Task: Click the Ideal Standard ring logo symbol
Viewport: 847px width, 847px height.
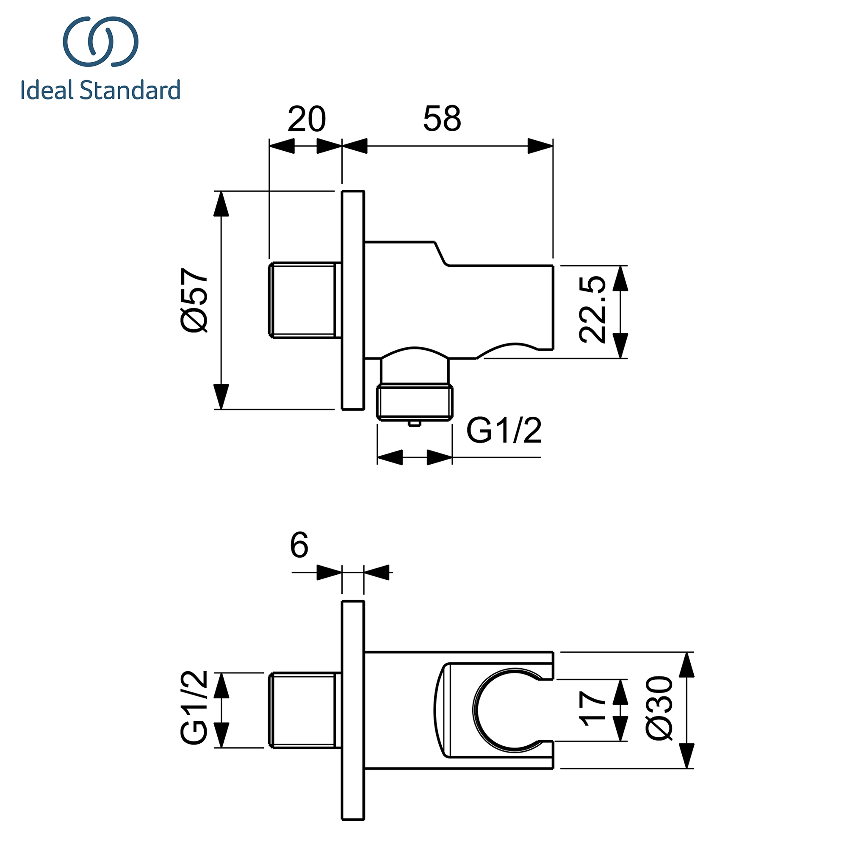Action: coord(101,42)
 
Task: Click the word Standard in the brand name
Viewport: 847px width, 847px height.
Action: coord(130,90)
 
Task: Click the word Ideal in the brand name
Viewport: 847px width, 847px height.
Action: coord(47,90)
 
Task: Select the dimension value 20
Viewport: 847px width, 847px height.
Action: coord(307,119)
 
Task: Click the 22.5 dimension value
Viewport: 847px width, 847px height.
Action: coord(592,310)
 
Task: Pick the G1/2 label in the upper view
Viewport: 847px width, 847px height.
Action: coord(504,431)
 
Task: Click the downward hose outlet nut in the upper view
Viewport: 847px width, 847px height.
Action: coord(415,401)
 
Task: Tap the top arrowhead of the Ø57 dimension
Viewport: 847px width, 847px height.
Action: coord(221,204)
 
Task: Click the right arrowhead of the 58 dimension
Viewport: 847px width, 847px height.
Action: coord(540,146)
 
